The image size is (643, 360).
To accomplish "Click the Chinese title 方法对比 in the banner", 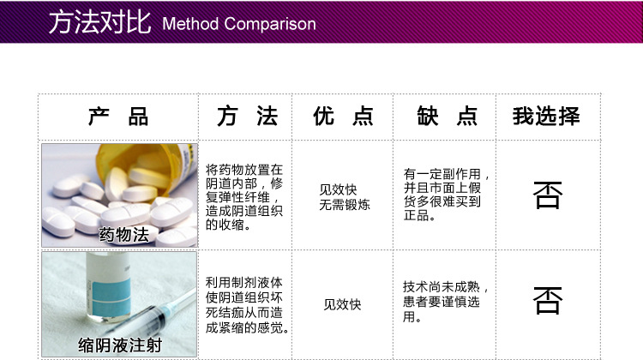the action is coord(99,21).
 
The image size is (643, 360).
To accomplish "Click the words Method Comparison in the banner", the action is coord(239,24).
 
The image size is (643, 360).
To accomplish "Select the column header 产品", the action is coord(118,116).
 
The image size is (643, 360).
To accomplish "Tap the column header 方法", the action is coord(247,116).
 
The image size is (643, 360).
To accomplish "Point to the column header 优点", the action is coord(343,116).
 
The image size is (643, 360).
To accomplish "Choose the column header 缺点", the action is coord(447,116).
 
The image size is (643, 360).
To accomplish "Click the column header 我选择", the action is coord(546,116).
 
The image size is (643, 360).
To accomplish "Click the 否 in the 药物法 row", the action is coord(548,195).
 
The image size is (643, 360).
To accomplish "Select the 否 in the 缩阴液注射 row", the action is coord(548,300).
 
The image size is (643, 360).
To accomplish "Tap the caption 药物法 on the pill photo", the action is coord(123,235).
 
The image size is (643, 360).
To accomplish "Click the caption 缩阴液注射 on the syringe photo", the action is coord(120,345).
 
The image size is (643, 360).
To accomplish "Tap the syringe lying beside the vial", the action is coord(151,317).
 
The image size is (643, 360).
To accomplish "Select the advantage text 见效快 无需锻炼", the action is coord(345,197).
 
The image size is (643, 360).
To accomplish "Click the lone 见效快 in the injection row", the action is coord(342,304).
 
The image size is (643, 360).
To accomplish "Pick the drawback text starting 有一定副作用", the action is coord(446,195).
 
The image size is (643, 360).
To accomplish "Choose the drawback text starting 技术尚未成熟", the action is coord(445,302).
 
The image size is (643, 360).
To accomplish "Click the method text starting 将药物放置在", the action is coord(244,197).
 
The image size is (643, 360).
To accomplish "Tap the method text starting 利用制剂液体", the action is coord(247,305).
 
